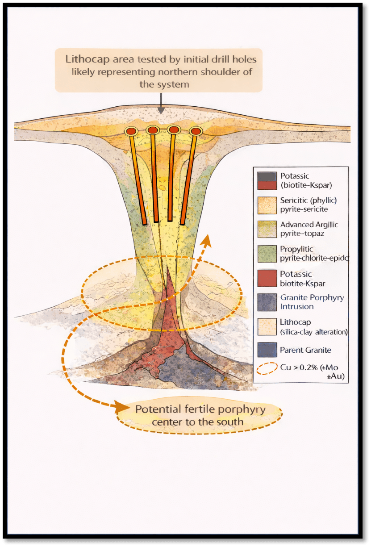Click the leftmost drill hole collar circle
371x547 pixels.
coord(131,132)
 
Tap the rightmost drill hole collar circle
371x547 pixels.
coord(196,131)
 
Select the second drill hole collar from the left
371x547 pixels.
coord(152,130)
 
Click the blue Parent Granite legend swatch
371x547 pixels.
coord(267,351)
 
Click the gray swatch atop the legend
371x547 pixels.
coord(267,176)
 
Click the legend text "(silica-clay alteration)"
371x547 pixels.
coord(314,332)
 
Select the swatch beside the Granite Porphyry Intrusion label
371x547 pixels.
coord(267,302)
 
